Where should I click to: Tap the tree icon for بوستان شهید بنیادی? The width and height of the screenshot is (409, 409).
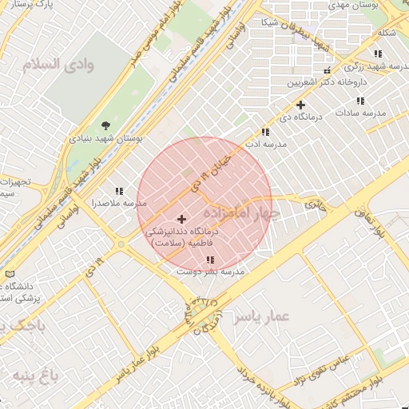click(x=105, y=124)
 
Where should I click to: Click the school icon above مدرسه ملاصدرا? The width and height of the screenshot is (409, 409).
click(x=119, y=191)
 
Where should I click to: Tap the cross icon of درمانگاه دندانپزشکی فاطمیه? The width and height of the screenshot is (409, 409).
click(x=181, y=218)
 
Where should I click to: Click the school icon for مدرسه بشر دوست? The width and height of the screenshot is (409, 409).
click(x=210, y=260)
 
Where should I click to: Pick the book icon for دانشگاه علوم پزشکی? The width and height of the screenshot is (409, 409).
click(x=10, y=274)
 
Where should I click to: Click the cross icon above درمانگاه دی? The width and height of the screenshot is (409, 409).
click(x=300, y=105)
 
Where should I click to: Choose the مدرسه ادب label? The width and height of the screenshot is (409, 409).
click(x=271, y=145)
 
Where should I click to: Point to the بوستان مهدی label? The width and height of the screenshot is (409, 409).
click(x=363, y=6)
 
